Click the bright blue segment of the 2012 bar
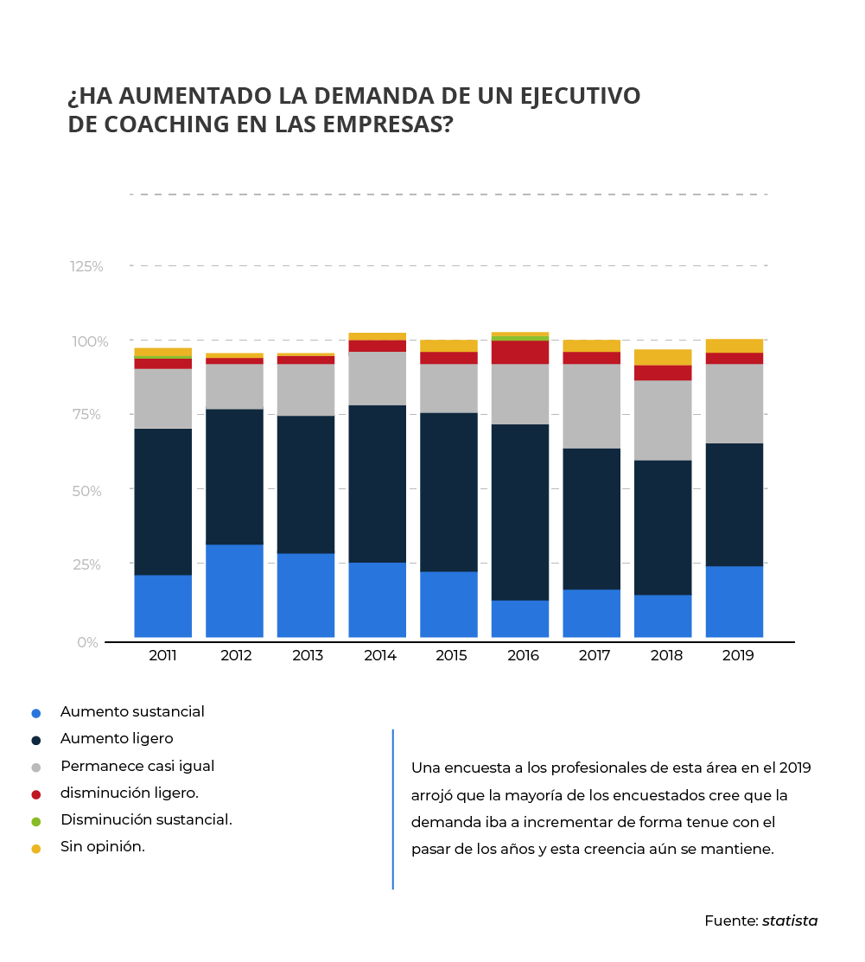[234, 590]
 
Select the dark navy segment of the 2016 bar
[520, 512]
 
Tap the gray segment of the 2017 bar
[591, 405]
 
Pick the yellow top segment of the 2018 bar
[663, 357]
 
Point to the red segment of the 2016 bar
[520, 352]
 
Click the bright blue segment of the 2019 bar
[734, 602]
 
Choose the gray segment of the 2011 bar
[163, 398]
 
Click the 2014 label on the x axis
[379, 655]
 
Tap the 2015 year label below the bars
[451, 655]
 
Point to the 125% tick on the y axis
[86, 266]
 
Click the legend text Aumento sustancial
[132, 712]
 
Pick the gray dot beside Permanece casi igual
[35, 768]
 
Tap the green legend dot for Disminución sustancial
[35, 821]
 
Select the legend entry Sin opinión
[102, 847]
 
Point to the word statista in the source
[789, 921]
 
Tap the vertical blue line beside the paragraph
[393, 808]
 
